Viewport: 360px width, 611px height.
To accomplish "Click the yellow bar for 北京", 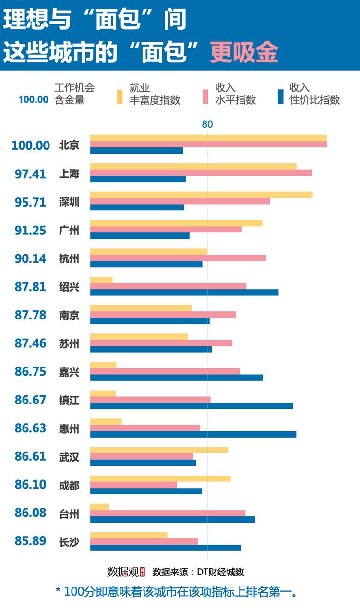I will pos(208,138).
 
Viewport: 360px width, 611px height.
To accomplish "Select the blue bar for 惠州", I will pos(193,434).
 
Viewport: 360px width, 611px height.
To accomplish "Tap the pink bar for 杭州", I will pos(178,258).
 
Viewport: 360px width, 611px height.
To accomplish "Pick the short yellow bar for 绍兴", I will pos(101,280).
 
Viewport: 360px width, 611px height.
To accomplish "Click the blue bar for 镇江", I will pos(191,406).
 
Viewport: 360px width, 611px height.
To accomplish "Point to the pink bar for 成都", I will pos(133,485).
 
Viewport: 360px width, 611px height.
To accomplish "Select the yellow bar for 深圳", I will pos(201,195).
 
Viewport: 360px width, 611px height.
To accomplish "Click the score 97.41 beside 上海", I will pos(30,174).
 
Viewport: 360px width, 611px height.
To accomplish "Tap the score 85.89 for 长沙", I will pos(30,541).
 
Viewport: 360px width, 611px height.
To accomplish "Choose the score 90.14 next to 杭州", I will pos(30,258).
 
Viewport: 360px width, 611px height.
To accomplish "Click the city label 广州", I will pos(69,230).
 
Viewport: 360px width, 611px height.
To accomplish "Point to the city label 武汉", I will pos(69,457).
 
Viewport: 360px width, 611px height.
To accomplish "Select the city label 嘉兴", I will pos(69,372).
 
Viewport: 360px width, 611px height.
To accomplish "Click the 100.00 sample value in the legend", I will pos(33,100).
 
